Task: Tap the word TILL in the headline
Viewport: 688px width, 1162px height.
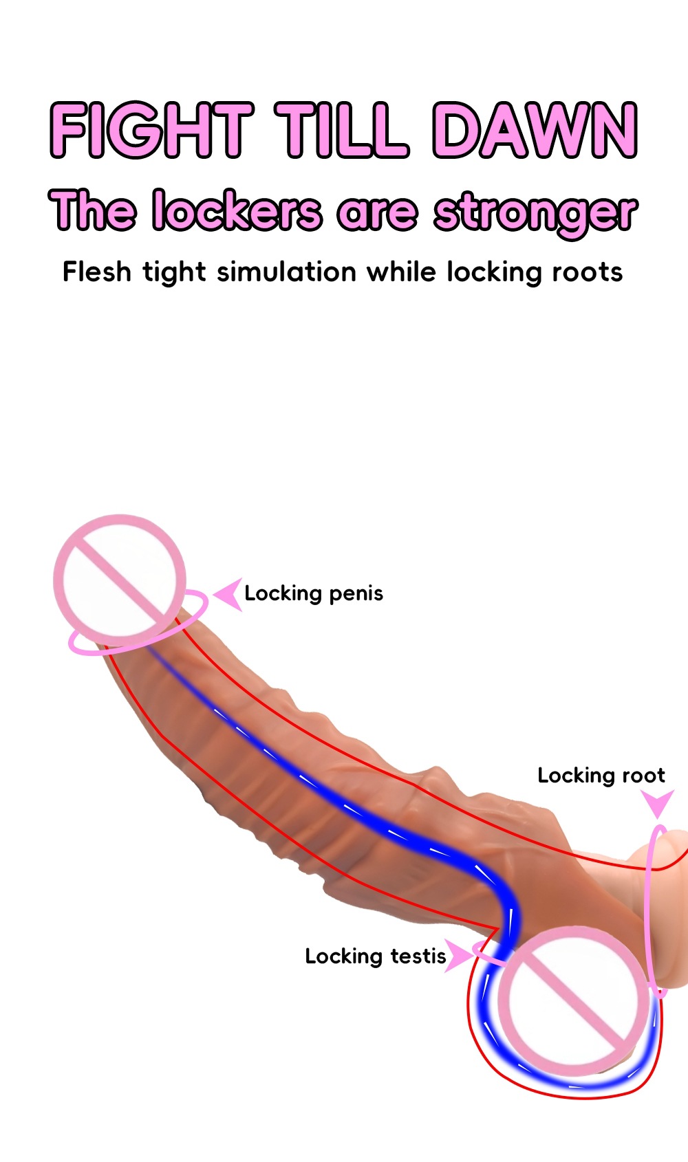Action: pos(342,130)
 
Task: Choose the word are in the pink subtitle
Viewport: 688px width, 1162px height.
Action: pos(377,212)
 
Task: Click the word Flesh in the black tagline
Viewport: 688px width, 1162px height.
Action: pos(96,272)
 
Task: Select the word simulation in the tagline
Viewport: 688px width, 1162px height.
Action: pos(286,272)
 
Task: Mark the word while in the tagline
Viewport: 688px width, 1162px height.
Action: pos(401,272)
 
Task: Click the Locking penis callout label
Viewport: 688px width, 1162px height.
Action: pos(314,593)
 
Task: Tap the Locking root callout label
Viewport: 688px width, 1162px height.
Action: pos(601,776)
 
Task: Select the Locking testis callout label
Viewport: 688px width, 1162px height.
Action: pos(376,956)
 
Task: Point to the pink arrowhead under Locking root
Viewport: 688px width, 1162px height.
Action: pos(657,803)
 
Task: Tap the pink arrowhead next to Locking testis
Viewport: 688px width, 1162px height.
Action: pos(458,956)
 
